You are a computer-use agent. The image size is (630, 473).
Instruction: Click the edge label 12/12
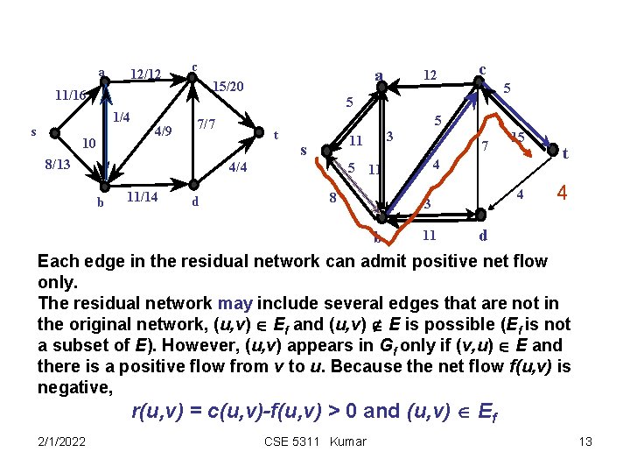(145, 74)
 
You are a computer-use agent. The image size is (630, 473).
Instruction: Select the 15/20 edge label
(228, 87)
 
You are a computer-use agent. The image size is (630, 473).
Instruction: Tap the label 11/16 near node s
(69, 95)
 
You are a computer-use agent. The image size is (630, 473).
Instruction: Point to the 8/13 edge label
(58, 164)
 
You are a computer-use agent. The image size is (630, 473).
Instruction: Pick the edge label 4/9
(162, 132)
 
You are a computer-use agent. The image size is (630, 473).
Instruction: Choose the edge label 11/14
(142, 197)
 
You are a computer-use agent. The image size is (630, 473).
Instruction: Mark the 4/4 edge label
(237, 167)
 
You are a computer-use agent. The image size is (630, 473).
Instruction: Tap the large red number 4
(563, 192)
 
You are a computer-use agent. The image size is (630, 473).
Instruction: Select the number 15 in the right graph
(517, 137)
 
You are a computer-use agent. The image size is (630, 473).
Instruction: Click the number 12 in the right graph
(430, 76)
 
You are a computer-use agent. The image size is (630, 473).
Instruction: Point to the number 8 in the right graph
(332, 198)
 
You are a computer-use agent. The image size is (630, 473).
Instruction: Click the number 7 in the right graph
(484, 145)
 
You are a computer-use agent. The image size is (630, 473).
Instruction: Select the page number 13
(586, 441)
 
